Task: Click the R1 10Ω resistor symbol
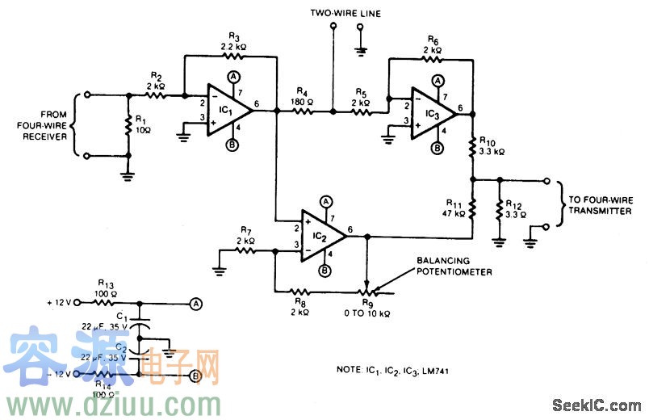128,127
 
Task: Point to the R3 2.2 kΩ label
234,42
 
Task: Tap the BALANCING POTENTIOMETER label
454,267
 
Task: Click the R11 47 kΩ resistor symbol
472,208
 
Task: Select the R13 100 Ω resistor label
105,288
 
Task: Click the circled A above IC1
232,75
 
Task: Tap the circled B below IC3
438,148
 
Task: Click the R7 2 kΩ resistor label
246,237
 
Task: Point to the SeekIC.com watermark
607,405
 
